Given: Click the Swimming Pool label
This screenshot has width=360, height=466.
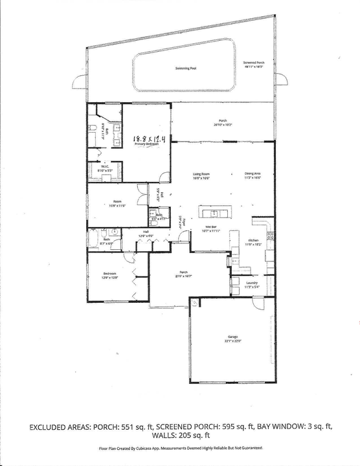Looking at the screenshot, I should click(185, 68).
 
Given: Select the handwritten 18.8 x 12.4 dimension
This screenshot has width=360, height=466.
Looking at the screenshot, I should click(149, 139).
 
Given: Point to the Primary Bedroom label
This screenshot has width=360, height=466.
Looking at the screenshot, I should click(147, 144).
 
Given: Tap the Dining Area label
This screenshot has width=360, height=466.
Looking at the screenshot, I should click(252, 175).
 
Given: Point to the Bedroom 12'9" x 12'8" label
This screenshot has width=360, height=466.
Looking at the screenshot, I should click(108, 276).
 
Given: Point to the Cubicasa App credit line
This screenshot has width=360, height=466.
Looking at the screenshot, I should click(181, 448).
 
